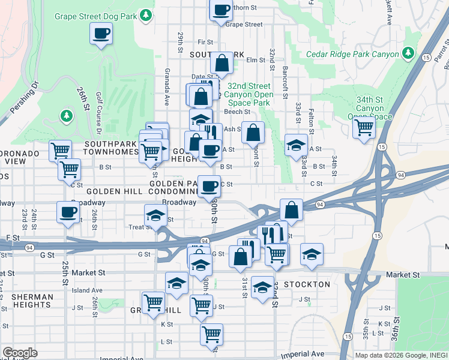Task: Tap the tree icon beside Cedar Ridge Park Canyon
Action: pos(408,53)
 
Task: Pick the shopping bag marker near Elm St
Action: pos(221,63)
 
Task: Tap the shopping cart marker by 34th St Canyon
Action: pos(364,127)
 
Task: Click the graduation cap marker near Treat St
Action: pos(155,215)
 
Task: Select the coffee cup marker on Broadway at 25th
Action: pos(68,212)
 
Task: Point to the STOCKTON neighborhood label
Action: pos(308,284)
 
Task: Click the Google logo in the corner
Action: pos(19,353)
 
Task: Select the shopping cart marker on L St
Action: pos(211,334)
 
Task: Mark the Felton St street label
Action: pos(311,124)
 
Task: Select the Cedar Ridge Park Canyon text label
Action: pos(352,54)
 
